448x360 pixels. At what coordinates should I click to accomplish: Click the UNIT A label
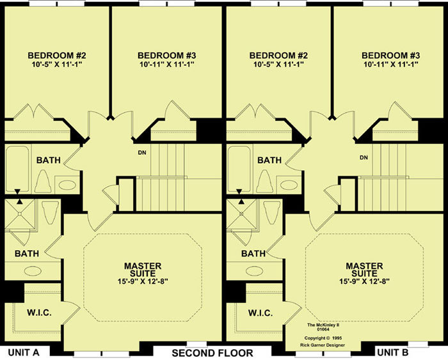pyautogui.click(x=24, y=352)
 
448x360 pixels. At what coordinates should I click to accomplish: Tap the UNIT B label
pyautogui.click(x=393, y=352)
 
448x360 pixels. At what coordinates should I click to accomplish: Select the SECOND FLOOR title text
pyautogui.click(x=212, y=353)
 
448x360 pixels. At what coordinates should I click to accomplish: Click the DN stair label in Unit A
pyautogui.click(x=142, y=153)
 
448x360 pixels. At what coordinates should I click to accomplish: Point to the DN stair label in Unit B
pyautogui.click(x=364, y=157)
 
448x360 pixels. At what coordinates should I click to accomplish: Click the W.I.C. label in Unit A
pyautogui.click(x=39, y=313)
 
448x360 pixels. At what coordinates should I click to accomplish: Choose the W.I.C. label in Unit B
pyautogui.click(x=260, y=313)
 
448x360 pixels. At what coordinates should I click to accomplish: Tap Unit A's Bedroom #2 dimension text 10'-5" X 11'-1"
pyautogui.click(x=57, y=64)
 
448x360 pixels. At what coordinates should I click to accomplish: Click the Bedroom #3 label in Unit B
pyautogui.click(x=390, y=55)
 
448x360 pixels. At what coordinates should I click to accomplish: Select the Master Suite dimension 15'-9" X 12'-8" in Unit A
pyautogui.click(x=143, y=281)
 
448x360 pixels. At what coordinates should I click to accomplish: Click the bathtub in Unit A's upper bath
pyautogui.click(x=17, y=169)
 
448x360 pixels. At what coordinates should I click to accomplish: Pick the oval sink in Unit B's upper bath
pyautogui.click(x=289, y=185)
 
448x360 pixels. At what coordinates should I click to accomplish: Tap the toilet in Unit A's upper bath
pyautogui.click(x=43, y=182)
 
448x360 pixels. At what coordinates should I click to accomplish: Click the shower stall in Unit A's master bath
pyautogui.click(x=20, y=214)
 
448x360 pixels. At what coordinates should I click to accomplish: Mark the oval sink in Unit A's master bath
pyautogui.click(x=33, y=271)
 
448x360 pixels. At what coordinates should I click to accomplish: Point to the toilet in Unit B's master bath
pyautogui.click(x=272, y=213)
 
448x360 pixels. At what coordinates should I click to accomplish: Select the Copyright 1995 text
pyautogui.click(x=323, y=338)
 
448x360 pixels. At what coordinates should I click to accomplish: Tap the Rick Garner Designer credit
pyautogui.click(x=323, y=345)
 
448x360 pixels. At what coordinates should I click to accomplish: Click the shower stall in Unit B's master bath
pyautogui.click(x=241, y=214)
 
